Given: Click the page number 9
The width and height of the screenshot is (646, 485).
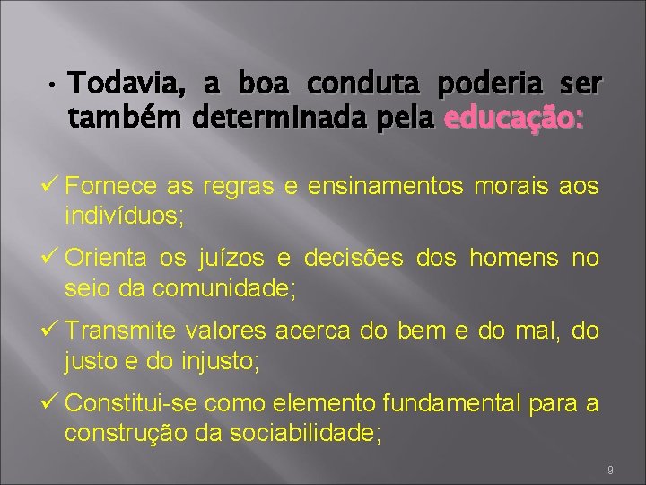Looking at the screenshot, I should click(609, 471).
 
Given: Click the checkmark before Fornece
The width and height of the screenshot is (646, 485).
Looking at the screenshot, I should click(49, 186).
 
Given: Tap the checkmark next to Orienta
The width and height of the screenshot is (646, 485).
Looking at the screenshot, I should click(49, 259).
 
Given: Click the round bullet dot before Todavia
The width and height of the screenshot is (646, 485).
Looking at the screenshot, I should click(54, 87).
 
